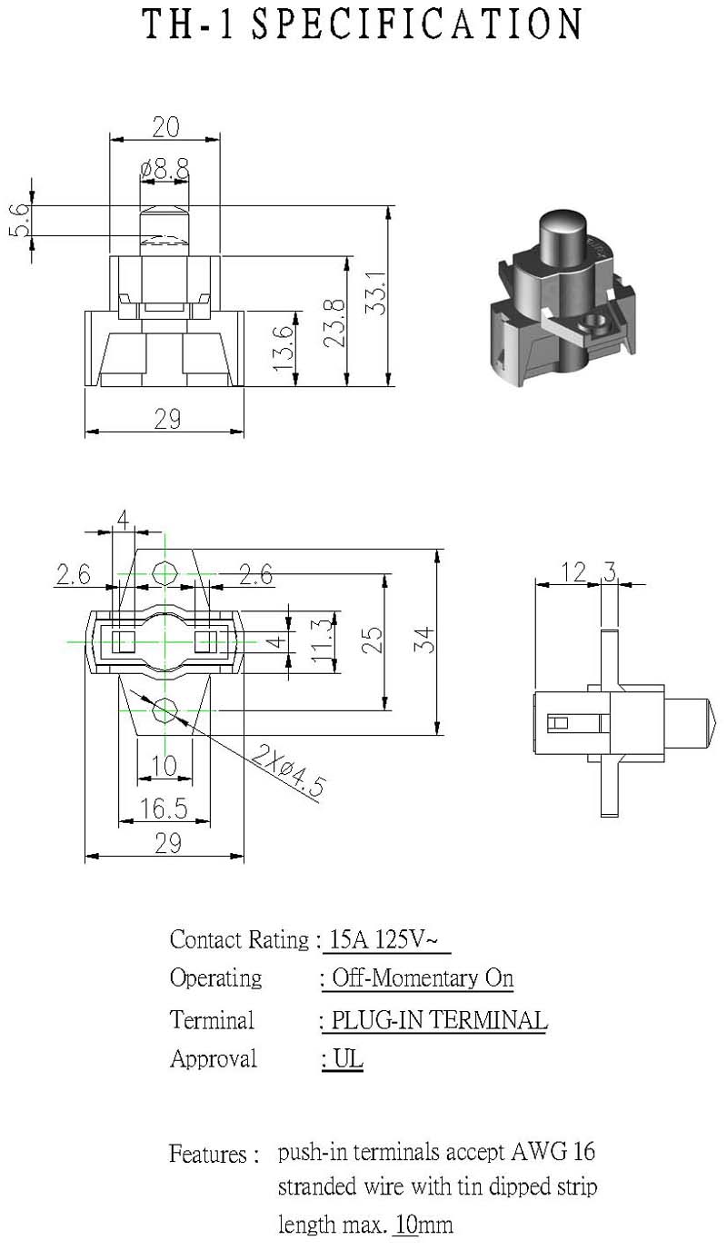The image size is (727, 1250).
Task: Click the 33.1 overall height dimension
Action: tap(376, 293)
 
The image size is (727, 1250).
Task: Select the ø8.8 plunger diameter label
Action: tap(164, 169)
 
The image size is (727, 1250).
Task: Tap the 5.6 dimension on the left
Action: tap(19, 221)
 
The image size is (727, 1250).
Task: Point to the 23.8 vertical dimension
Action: tap(335, 323)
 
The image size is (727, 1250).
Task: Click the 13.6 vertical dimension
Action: tap(284, 349)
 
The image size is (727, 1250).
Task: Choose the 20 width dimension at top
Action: tap(165, 127)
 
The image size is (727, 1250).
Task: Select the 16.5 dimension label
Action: tap(164, 809)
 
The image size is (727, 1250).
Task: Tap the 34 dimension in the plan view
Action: tap(424, 640)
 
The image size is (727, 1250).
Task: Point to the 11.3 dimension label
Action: tap(323, 641)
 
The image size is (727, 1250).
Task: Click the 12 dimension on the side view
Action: tap(573, 572)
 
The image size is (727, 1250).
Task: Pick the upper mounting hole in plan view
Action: tap(165, 572)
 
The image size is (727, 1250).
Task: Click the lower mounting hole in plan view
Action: tap(165, 710)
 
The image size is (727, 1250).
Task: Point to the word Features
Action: tap(208, 1154)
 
